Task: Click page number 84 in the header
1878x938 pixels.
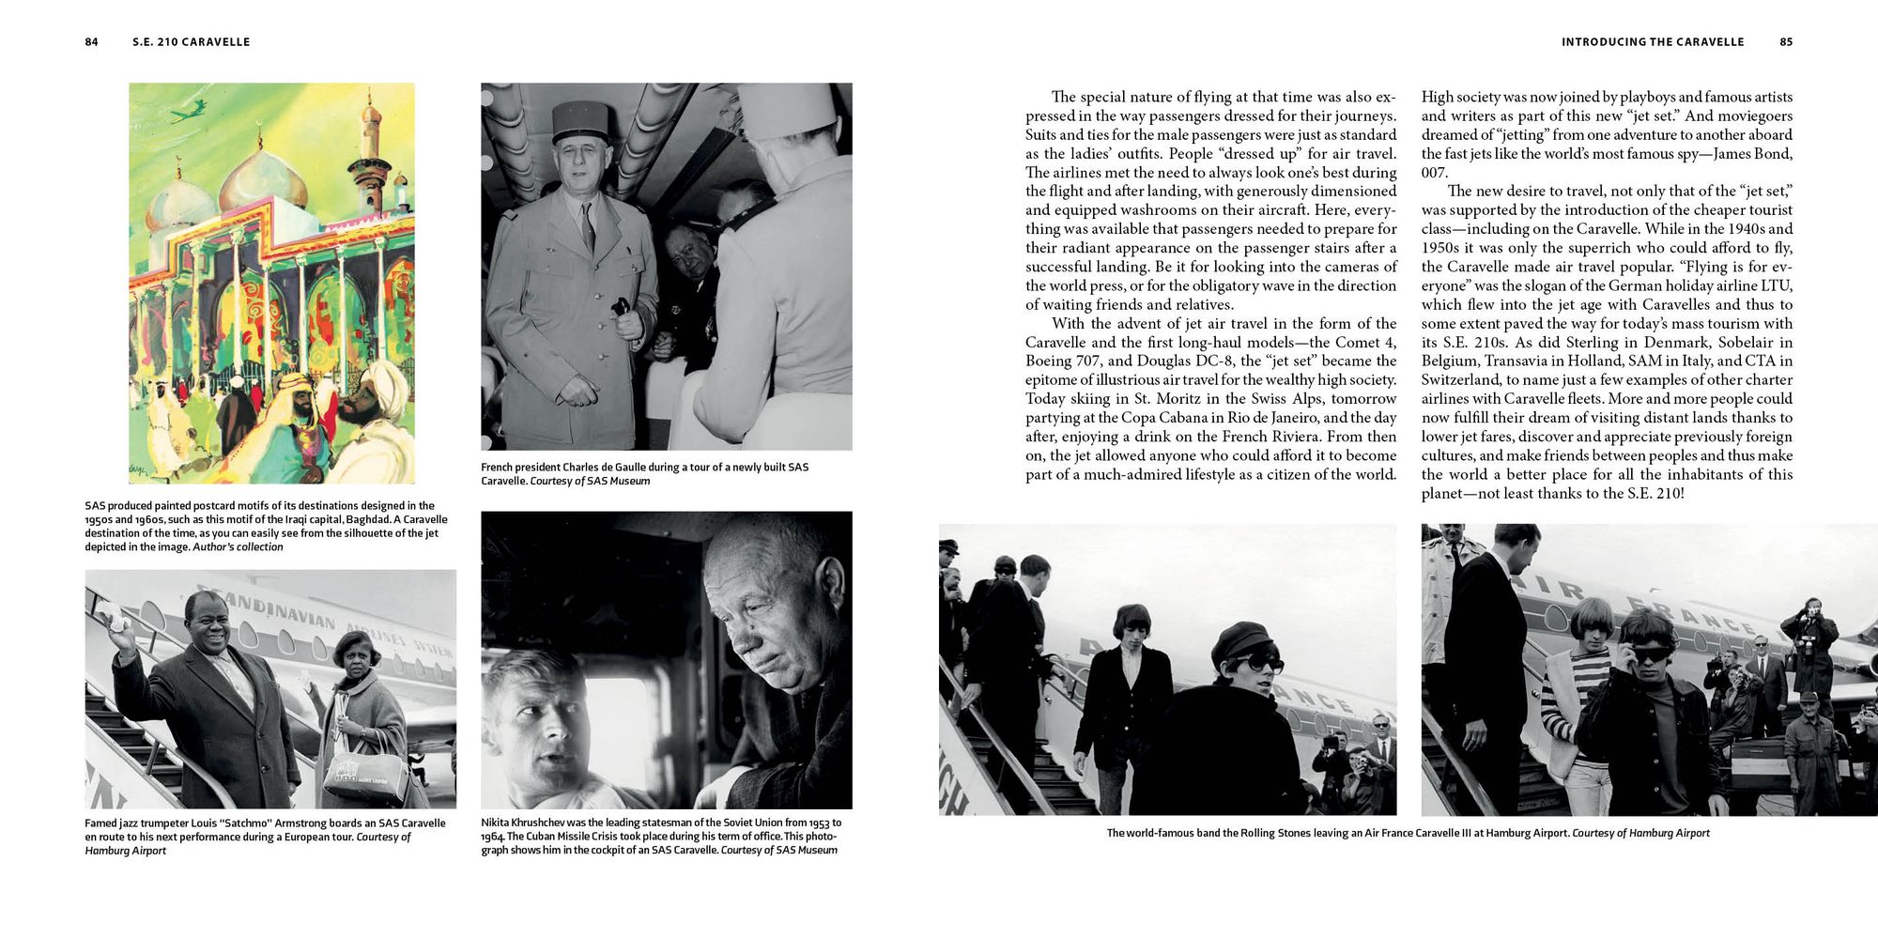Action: (91, 42)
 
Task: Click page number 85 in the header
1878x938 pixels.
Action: (1786, 42)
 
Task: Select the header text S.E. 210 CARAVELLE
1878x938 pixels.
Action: (192, 42)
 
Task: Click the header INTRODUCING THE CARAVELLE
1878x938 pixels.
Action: (1653, 42)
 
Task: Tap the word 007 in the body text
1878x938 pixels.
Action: (1435, 173)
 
